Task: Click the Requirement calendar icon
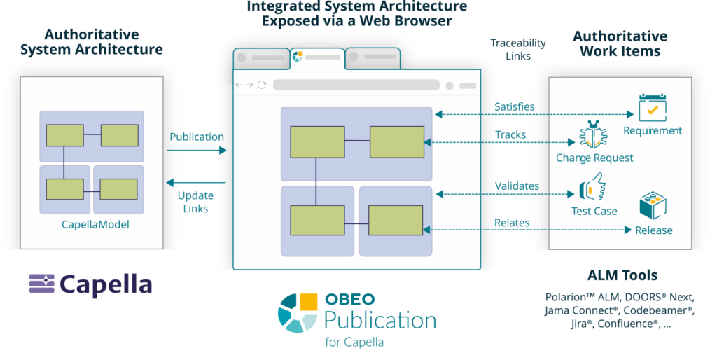pyautogui.click(x=652, y=108)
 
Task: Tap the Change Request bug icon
pyautogui.click(x=593, y=134)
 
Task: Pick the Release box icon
pyautogui.click(x=653, y=207)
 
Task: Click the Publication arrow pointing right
pyautogui.click(x=198, y=150)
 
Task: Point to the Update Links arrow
pyautogui.click(x=195, y=184)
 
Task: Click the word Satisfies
pyautogui.click(x=515, y=107)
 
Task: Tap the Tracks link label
pyautogui.click(x=510, y=134)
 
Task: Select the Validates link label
pyautogui.click(x=517, y=186)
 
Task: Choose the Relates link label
pyautogui.click(x=512, y=223)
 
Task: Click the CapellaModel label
pyautogui.click(x=96, y=225)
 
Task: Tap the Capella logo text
pyautogui.click(x=106, y=284)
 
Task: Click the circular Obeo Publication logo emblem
pyautogui.click(x=298, y=312)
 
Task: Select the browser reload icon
pyautogui.click(x=263, y=85)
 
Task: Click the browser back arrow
pyautogui.click(x=239, y=85)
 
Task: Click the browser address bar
pyautogui.click(x=356, y=85)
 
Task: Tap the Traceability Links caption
pyautogui.click(x=518, y=49)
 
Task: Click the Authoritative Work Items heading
pyautogui.click(x=620, y=43)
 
